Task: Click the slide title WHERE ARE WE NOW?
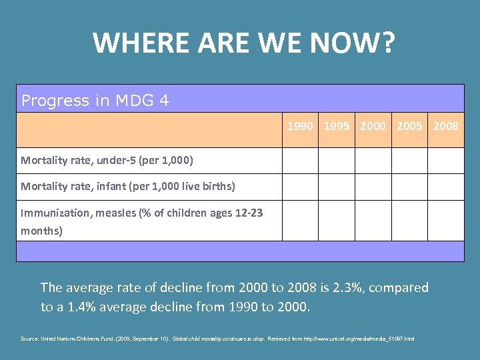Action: [244, 43]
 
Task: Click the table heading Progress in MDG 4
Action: [95, 101]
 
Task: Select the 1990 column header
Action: [300, 125]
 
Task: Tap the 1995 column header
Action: [337, 125]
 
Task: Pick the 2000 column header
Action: [373, 125]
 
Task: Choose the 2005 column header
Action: [409, 125]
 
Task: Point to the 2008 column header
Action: [445, 125]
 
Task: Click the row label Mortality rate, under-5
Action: [107, 160]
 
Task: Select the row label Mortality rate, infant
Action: [128, 186]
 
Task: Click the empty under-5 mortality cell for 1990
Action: [300, 160]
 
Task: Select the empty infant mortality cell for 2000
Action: [373, 187]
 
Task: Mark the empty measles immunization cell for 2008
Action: [445, 220]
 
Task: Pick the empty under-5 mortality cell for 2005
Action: [409, 160]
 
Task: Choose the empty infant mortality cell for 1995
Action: [337, 187]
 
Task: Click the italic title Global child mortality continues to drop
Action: [219, 339]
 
